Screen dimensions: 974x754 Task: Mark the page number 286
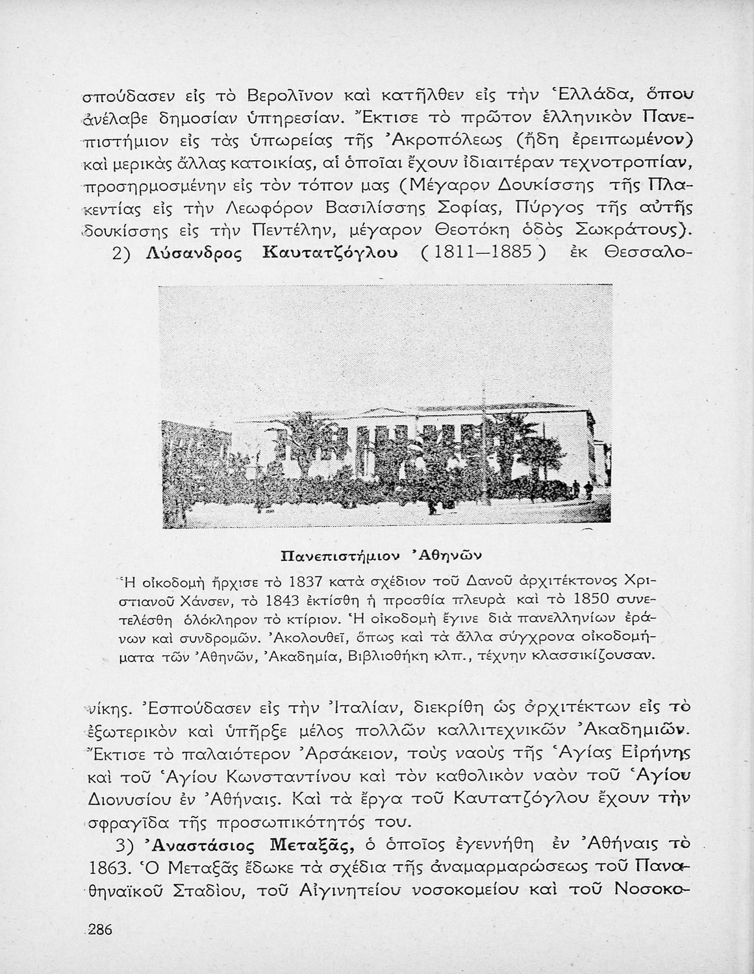pos(100,930)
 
